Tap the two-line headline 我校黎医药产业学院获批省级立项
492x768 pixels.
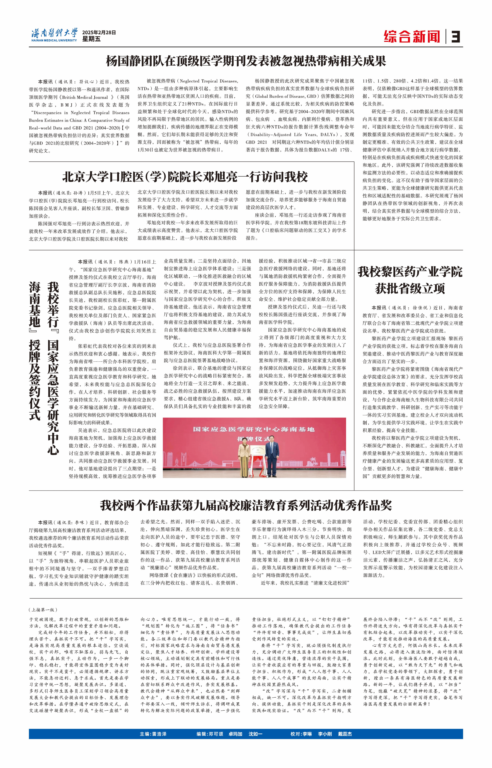[410, 280]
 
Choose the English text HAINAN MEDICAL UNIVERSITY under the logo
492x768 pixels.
[54, 40]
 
